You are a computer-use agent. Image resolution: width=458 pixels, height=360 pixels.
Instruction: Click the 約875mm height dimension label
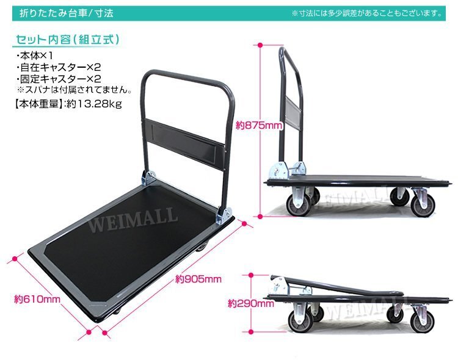tap(260, 126)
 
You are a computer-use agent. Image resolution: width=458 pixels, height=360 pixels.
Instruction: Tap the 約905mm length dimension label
tap(198, 279)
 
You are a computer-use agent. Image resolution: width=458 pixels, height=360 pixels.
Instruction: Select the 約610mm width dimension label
tap(37, 299)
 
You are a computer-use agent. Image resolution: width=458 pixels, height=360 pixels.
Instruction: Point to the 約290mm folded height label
tap(251, 304)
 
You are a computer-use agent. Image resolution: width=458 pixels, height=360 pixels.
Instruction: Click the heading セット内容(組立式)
tap(67, 40)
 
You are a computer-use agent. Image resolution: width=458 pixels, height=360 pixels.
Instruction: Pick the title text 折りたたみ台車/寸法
tap(67, 13)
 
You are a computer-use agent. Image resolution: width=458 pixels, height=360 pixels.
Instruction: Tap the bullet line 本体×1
tap(35, 56)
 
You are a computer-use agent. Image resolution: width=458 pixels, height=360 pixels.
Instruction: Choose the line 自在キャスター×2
tap(59, 68)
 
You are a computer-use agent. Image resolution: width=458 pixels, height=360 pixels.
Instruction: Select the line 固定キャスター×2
tap(59, 79)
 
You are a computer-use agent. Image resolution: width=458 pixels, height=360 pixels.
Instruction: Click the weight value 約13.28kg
tap(94, 104)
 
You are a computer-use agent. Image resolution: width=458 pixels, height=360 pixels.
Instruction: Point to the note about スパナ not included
tap(74, 90)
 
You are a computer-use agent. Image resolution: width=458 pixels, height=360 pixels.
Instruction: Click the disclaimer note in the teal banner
tap(367, 13)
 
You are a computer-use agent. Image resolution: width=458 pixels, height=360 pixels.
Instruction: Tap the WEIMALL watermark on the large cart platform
tap(133, 219)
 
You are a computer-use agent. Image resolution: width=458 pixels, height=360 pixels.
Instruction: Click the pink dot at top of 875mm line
tap(260, 45)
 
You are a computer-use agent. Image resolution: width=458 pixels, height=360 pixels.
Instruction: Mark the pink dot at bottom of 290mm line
tap(251, 332)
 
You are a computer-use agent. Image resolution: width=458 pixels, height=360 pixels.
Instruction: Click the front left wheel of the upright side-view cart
tap(298, 205)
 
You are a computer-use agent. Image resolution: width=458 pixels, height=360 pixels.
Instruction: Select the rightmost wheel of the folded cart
tap(422, 322)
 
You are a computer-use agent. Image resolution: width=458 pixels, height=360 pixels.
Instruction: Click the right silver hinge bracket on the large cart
tap(224, 215)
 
